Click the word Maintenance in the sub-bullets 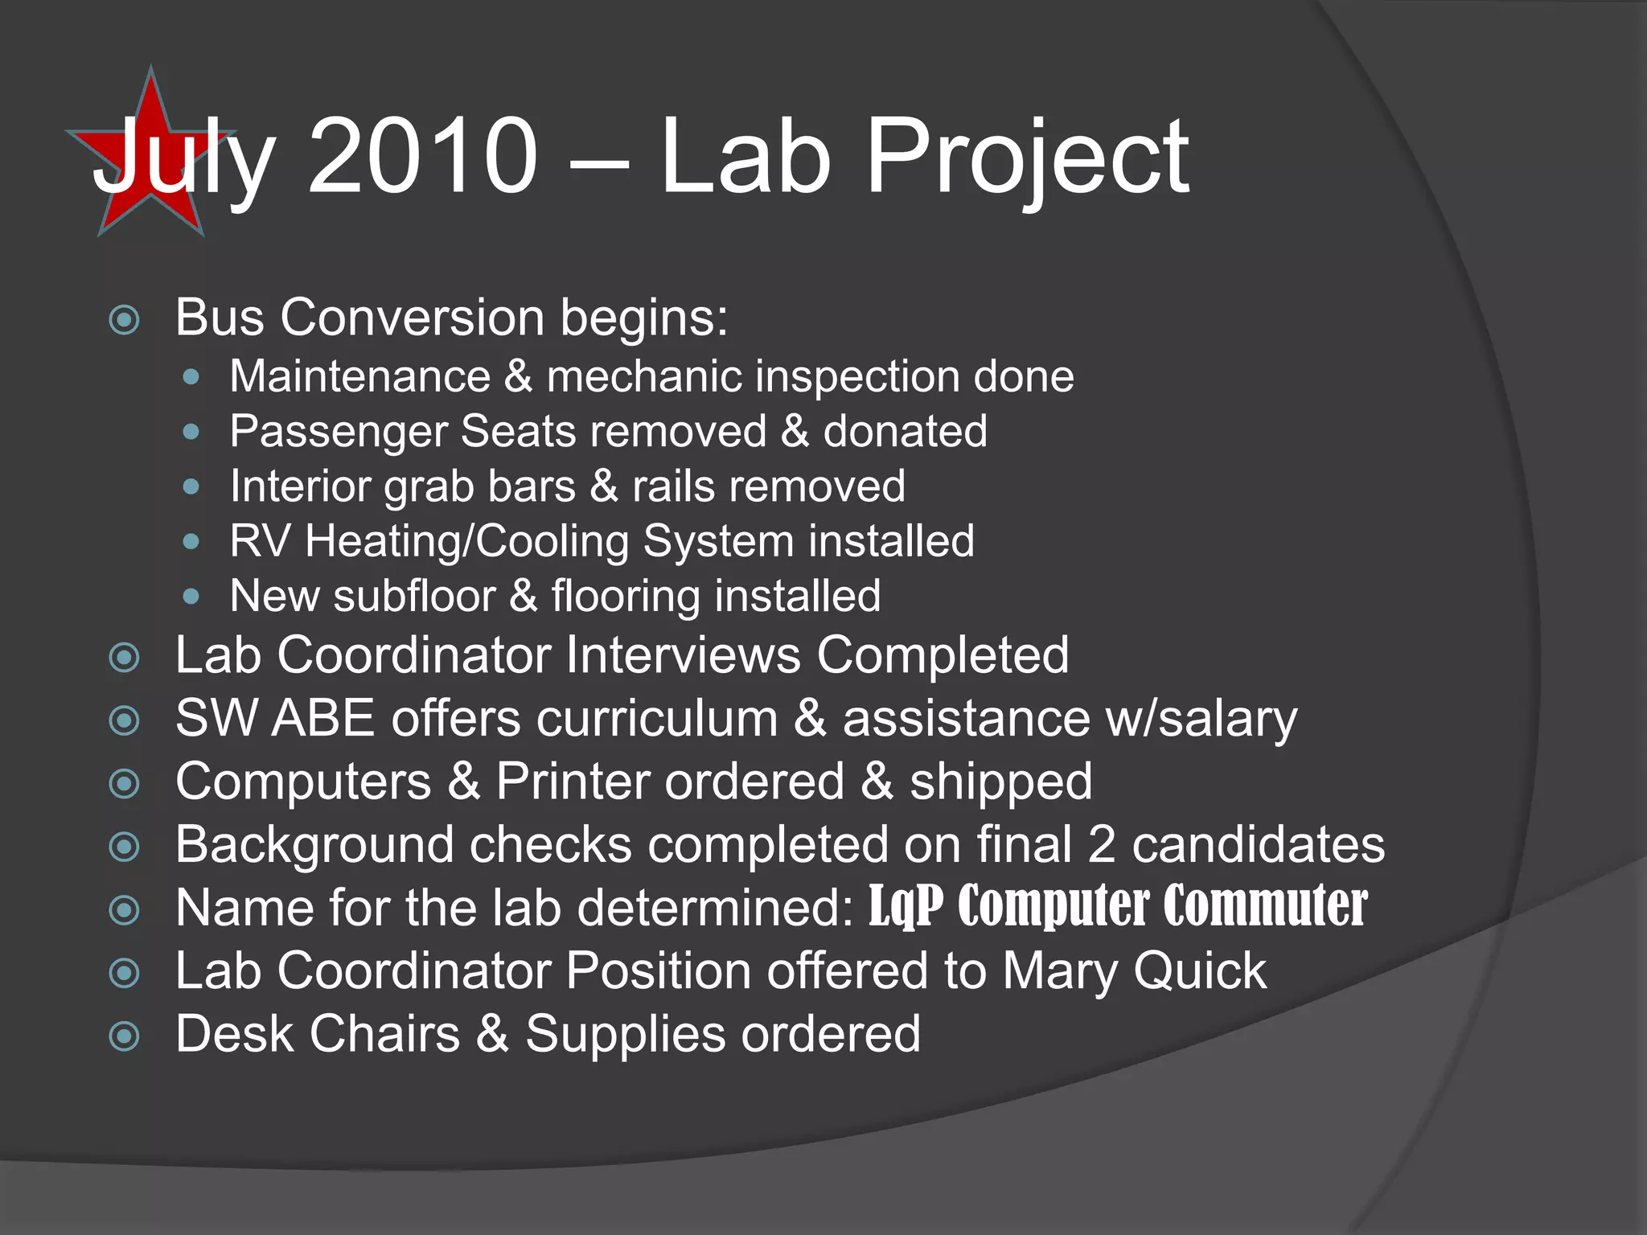pyautogui.click(x=359, y=376)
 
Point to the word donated pyautogui.click(x=905, y=432)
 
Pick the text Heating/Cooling pyautogui.click(x=467, y=541)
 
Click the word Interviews pyautogui.click(x=683, y=654)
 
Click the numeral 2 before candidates pyautogui.click(x=1102, y=845)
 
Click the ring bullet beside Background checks pyautogui.click(x=124, y=847)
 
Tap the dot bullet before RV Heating pyautogui.click(x=191, y=542)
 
